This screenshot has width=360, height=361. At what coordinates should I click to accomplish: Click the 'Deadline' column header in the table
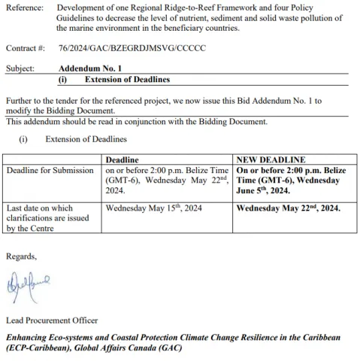click(x=122, y=160)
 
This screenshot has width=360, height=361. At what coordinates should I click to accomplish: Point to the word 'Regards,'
click(x=21, y=256)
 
